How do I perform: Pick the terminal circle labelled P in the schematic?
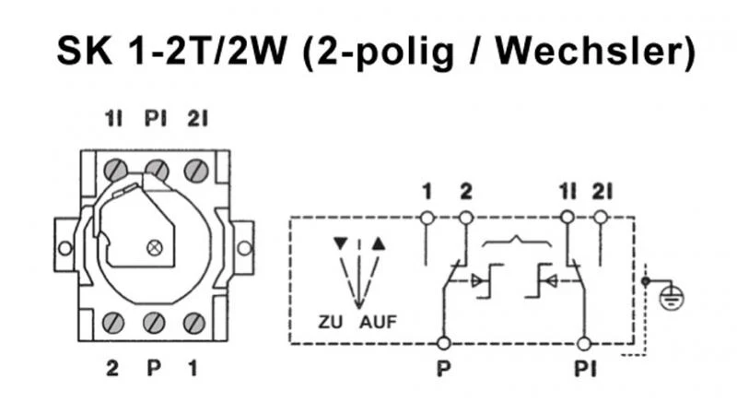point(444,344)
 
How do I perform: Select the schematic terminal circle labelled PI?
point(582,344)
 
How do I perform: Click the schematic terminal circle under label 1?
point(427,218)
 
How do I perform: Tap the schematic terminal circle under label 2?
point(465,218)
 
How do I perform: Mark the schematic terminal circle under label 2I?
point(601,218)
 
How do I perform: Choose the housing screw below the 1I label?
point(116,171)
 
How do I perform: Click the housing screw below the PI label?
point(157,171)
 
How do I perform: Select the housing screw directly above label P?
point(154,323)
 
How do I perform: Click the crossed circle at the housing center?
point(154,246)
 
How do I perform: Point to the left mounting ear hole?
point(64,248)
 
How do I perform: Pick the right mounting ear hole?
point(244,248)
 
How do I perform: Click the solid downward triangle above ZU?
point(341,245)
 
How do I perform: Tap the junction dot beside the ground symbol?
point(646,279)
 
